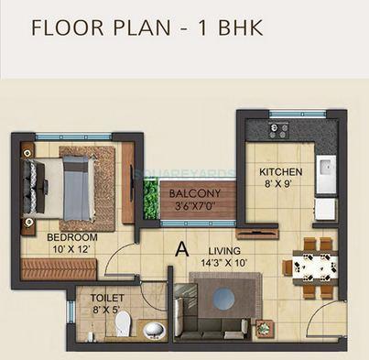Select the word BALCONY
(x=195, y=193)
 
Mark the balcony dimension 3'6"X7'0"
(x=195, y=205)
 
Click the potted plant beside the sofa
(x=266, y=325)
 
